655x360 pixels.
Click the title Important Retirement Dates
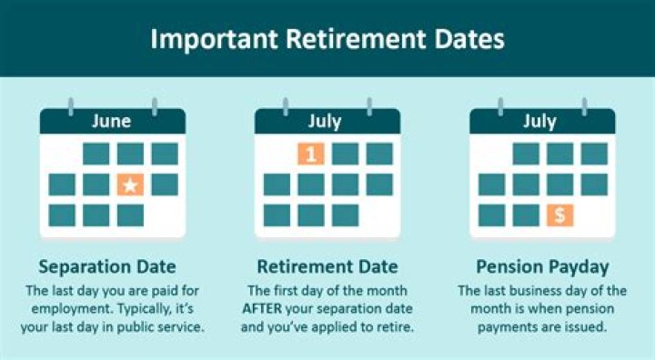(x=327, y=39)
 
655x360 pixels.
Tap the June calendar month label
(x=113, y=121)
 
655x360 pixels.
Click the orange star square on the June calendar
(x=130, y=185)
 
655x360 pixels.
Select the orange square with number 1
(x=310, y=154)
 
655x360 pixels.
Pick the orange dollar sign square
(x=559, y=215)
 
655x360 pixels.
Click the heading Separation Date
(x=107, y=266)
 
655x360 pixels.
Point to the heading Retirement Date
(x=327, y=266)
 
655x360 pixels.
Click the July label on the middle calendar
(x=327, y=121)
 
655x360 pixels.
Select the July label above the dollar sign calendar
(x=540, y=121)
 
